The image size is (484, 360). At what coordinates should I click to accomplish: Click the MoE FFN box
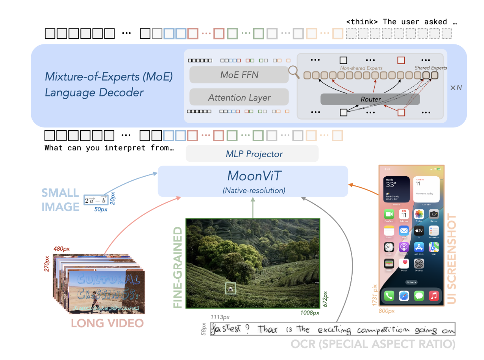pyautogui.click(x=239, y=74)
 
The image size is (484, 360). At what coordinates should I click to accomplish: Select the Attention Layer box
pyautogui.click(x=239, y=98)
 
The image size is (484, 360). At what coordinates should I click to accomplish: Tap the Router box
pyautogui.click(x=370, y=99)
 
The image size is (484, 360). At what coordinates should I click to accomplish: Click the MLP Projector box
pyautogui.click(x=252, y=154)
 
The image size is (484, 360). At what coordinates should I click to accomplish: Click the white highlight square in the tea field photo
pyautogui.click(x=230, y=289)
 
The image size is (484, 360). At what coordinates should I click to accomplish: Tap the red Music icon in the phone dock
pyautogui.click(x=434, y=296)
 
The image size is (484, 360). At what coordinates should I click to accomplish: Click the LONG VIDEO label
pyautogui.click(x=107, y=324)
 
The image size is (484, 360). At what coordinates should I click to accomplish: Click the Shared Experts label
pyautogui.click(x=431, y=68)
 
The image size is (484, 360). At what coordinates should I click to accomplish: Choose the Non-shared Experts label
pyautogui.click(x=361, y=68)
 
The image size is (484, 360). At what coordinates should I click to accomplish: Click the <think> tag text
pyautogui.click(x=362, y=22)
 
